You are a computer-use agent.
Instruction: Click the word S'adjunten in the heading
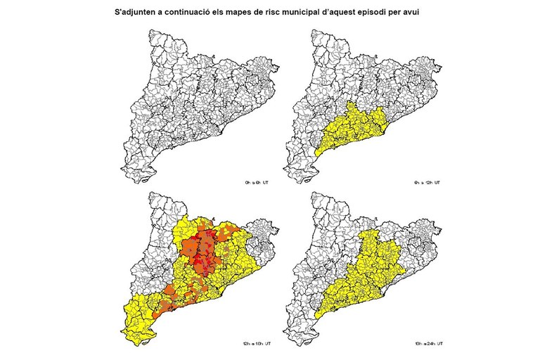(x=138, y=13)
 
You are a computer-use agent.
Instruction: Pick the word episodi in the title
(x=385, y=13)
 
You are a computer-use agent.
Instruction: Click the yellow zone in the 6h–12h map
(x=352, y=130)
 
